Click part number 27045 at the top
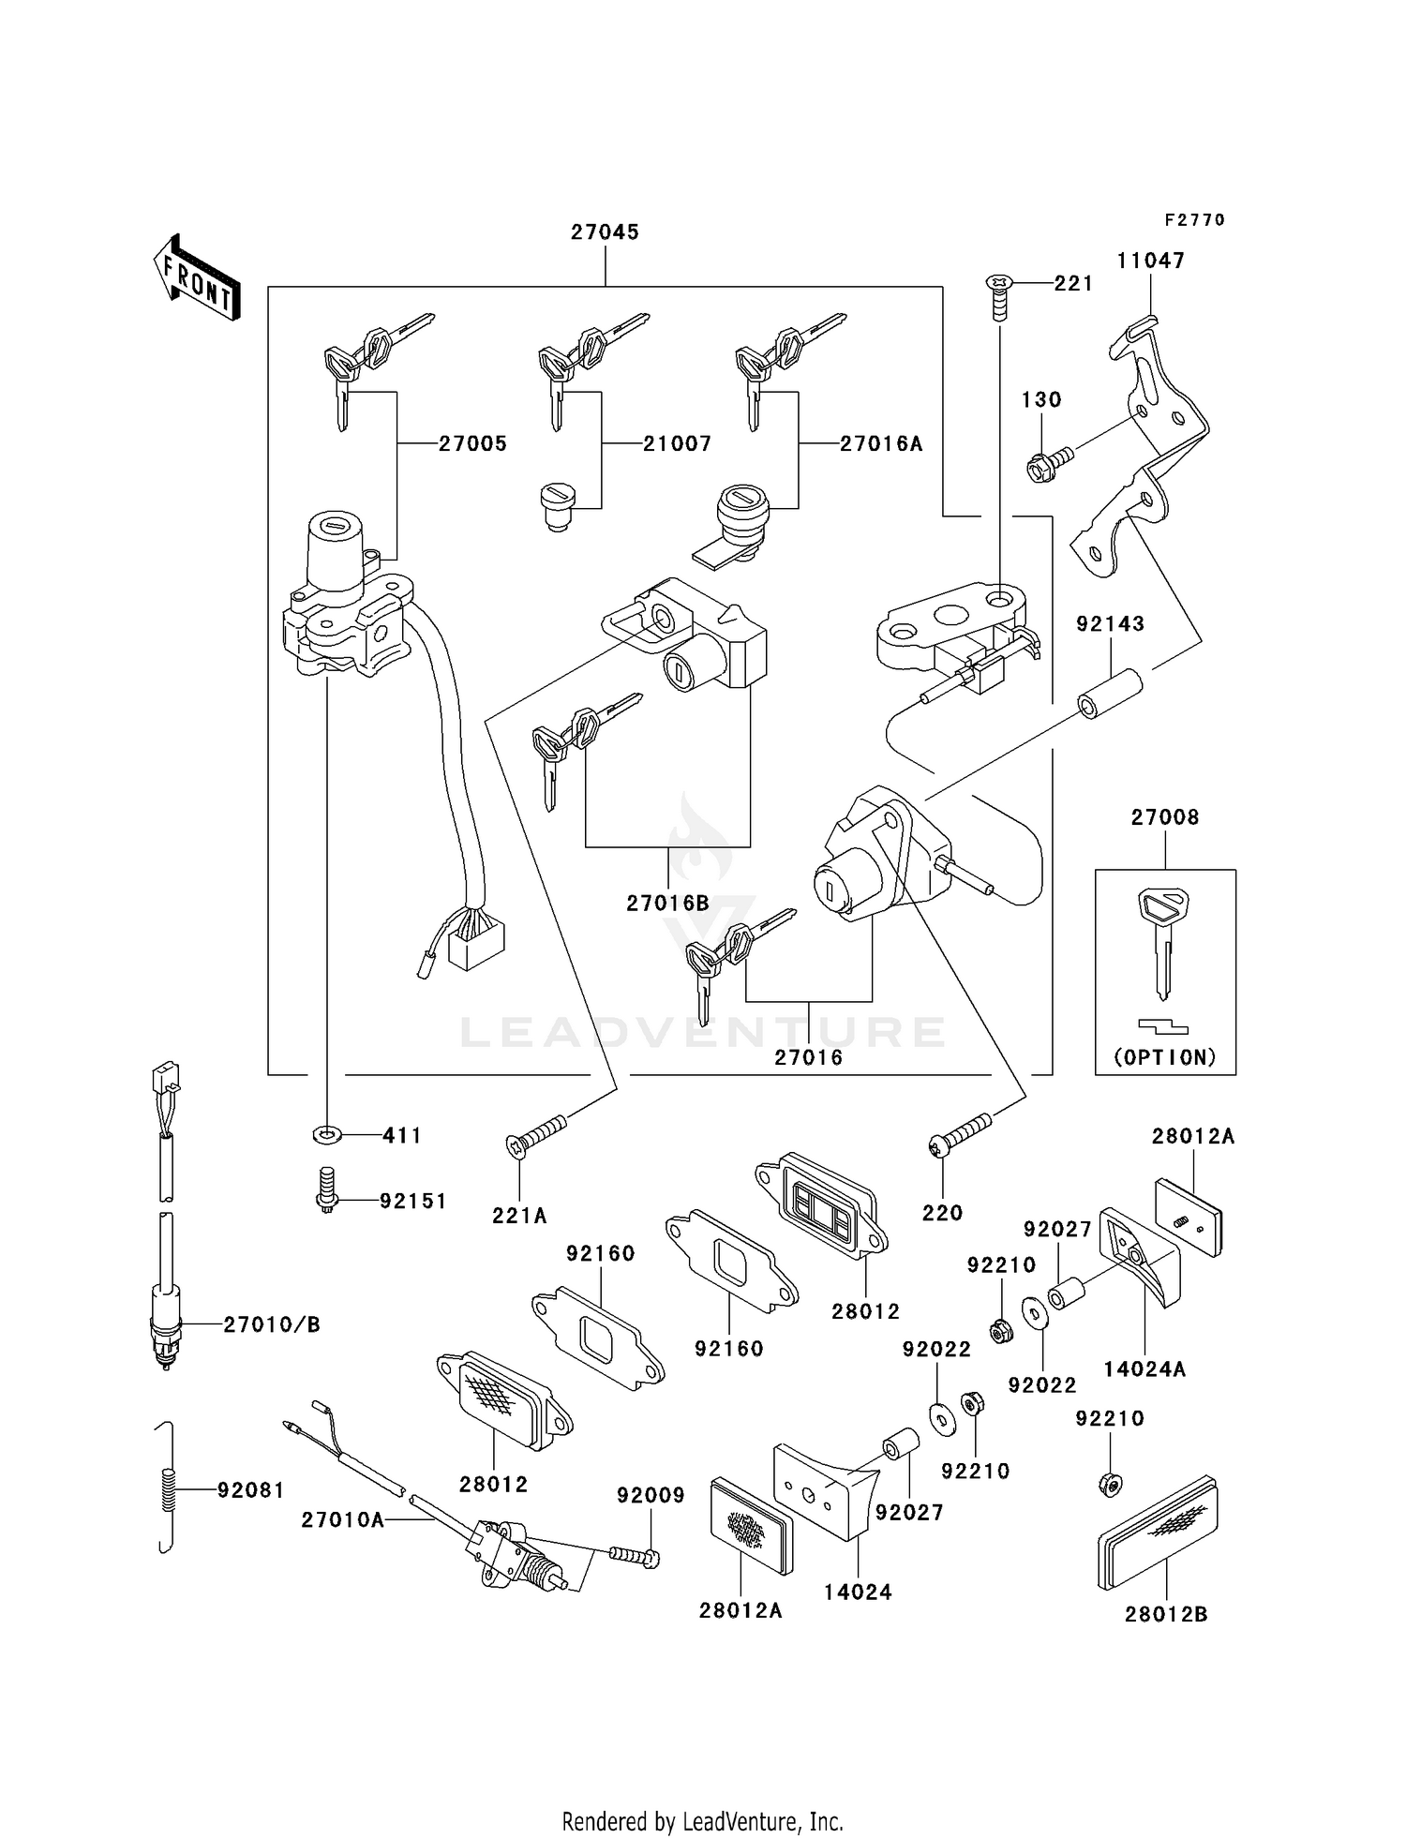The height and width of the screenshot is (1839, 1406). tap(605, 232)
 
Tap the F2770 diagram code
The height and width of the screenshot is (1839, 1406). tap(1194, 220)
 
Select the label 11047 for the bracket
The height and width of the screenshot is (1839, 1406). tap(1150, 261)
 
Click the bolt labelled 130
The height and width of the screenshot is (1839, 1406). tap(1048, 462)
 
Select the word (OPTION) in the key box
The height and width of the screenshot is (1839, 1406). tap(1165, 1057)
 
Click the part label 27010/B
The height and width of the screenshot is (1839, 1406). tap(271, 1324)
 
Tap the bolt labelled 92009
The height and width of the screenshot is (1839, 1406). tap(635, 1555)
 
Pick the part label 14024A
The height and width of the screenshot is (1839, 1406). tap(1144, 1369)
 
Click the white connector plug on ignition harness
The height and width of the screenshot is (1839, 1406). tap(476, 941)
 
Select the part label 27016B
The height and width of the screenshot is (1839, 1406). tap(667, 903)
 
